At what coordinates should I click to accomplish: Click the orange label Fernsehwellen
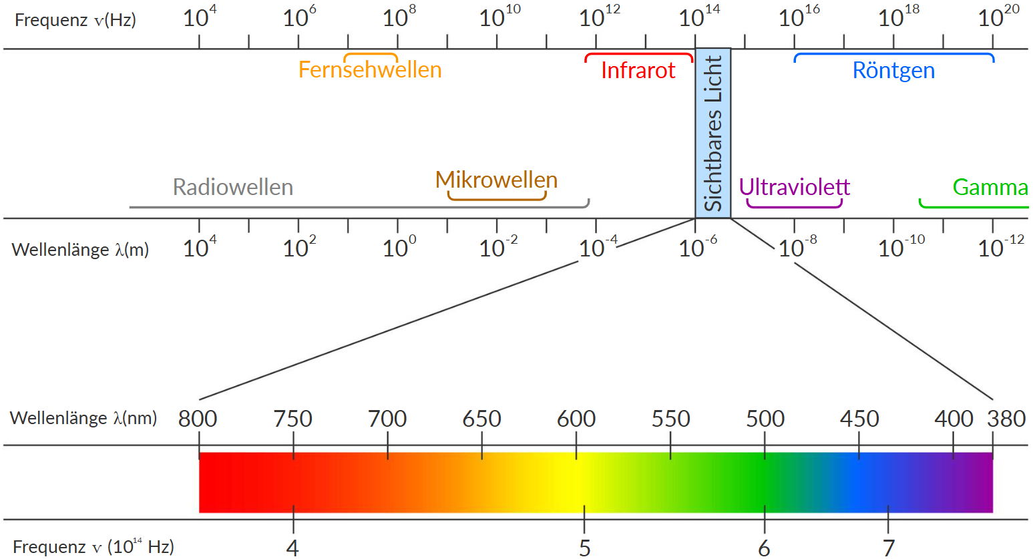tap(370, 70)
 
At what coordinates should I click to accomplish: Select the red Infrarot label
tap(638, 71)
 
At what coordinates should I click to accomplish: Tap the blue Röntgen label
tap(893, 71)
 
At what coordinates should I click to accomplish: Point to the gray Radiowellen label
tap(232, 187)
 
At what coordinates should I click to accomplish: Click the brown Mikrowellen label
tap(496, 180)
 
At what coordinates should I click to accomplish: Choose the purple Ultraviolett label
tap(795, 187)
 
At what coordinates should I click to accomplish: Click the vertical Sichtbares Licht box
tap(713, 133)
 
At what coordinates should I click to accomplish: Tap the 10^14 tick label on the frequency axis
tap(698, 17)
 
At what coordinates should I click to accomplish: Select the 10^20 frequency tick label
tap(998, 17)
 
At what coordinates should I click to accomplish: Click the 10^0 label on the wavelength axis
tap(399, 248)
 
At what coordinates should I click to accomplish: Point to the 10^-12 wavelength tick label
tap(1000, 248)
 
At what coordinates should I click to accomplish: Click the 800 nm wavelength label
tap(198, 419)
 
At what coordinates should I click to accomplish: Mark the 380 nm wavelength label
tap(1006, 419)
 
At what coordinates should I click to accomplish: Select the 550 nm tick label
tap(670, 419)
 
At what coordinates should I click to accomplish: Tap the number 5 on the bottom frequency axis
tap(584, 548)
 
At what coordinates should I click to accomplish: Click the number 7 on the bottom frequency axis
tap(888, 548)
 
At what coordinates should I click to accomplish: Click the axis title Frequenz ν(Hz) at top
tap(75, 20)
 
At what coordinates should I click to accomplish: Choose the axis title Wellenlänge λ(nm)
tap(83, 418)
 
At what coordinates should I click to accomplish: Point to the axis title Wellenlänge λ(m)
tap(80, 250)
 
